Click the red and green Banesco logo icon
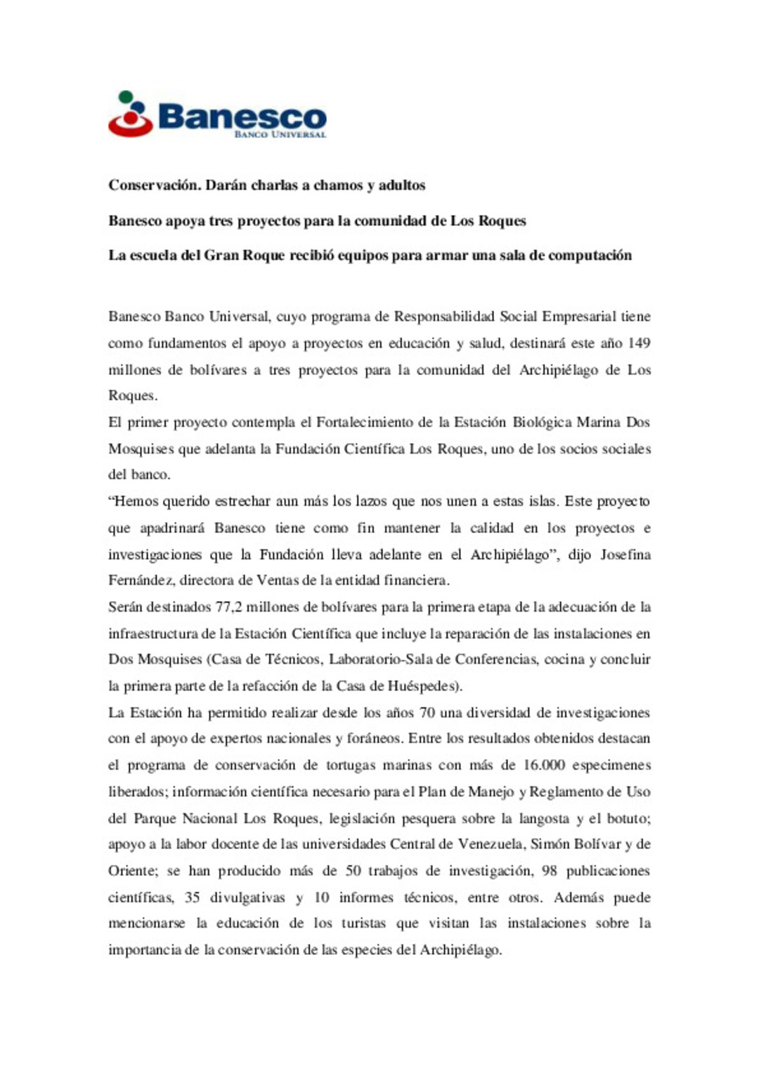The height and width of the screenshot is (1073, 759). coord(131,114)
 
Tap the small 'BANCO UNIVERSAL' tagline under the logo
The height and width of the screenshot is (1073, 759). coord(280,134)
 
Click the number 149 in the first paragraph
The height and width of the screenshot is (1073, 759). coord(639,343)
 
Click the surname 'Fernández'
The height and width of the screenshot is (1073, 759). coord(141,580)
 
